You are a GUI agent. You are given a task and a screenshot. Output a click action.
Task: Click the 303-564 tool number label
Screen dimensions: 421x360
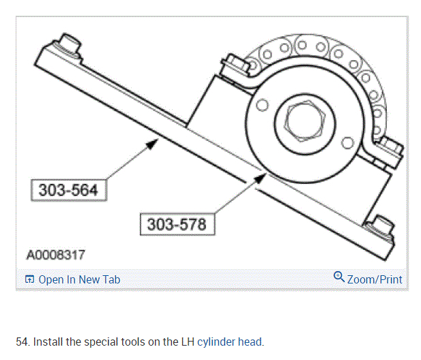[x=69, y=190]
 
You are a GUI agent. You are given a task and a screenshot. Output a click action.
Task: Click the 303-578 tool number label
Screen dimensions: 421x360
[x=177, y=224]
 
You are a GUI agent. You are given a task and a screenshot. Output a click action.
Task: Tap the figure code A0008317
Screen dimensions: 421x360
[x=56, y=255]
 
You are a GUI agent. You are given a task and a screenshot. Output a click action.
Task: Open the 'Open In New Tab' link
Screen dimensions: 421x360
[x=79, y=279]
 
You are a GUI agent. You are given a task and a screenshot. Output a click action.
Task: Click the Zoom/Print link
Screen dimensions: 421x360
[x=375, y=279]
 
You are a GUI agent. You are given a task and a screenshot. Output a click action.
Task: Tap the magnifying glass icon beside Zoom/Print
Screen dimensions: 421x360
[x=339, y=277]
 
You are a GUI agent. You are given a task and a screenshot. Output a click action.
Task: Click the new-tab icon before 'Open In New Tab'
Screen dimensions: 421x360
[x=29, y=279]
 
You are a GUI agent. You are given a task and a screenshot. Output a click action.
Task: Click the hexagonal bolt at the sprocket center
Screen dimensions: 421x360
[x=305, y=121]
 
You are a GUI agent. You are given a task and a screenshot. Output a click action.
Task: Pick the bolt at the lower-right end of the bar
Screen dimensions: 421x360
[x=381, y=226]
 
